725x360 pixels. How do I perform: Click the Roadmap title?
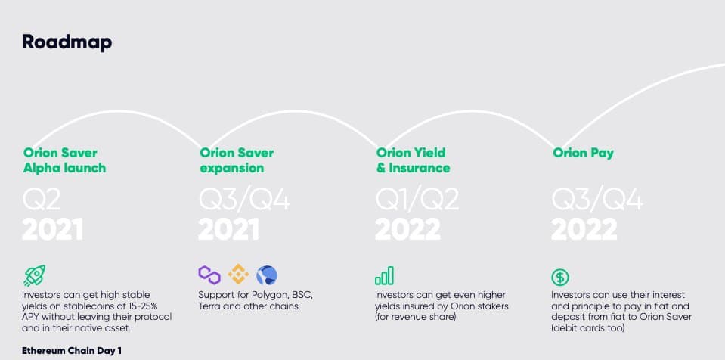coord(67,42)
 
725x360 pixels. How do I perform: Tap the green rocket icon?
coord(34,276)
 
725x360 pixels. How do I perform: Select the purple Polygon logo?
coord(209,275)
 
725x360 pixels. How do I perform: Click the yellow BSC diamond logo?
coord(238,275)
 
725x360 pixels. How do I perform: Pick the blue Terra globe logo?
coord(267,275)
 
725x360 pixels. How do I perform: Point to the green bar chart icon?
coord(385,275)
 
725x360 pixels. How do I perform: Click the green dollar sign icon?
coord(560,278)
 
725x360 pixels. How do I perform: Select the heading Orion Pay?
coord(583,154)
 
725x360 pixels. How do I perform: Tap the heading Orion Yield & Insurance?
coord(413,160)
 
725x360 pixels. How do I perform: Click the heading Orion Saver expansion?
coord(237,160)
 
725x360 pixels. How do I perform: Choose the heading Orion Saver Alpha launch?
coord(65,160)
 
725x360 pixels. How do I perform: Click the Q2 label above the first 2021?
coord(42,200)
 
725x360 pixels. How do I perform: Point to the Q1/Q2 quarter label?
coord(417,200)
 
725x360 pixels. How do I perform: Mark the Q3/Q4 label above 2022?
coord(597,200)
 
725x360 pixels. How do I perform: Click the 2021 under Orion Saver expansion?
coord(228,229)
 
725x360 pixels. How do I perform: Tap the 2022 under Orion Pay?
coord(584,229)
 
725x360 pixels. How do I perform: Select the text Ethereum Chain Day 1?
coord(72,351)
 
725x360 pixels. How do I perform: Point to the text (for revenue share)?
coord(415,318)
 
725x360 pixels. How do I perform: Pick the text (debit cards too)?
coord(587,328)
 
